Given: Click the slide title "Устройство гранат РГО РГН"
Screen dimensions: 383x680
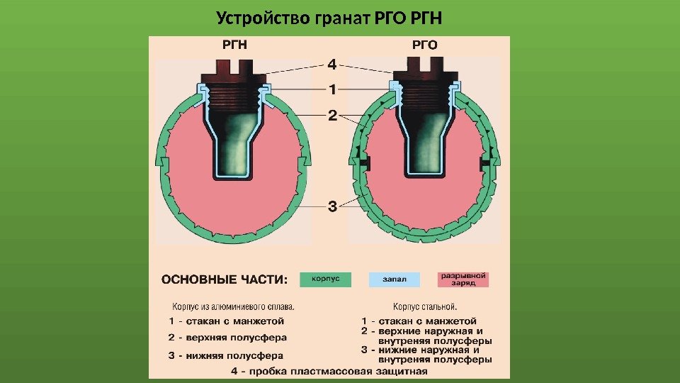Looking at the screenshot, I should click(x=334, y=17).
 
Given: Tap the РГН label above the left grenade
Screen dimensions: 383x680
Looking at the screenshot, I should click(x=235, y=45).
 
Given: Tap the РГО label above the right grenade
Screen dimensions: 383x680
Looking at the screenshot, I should click(x=425, y=45).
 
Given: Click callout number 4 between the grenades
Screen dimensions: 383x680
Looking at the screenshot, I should click(x=331, y=65).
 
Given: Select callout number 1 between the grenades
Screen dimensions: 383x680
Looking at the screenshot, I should click(x=331, y=90).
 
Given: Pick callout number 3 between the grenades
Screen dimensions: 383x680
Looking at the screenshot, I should click(x=331, y=208).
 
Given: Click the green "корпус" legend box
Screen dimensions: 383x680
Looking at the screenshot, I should click(x=325, y=279).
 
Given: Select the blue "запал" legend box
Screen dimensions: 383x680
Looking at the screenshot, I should click(x=394, y=279).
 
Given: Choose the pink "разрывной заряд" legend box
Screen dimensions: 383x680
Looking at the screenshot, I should click(x=463, y=279).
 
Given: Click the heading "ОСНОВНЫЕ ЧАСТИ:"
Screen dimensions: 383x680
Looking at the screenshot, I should click(x=225, y=279).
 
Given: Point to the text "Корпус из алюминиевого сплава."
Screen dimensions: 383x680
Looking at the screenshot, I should click(x=233, y=307).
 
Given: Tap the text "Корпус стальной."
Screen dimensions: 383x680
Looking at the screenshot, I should click(x=425, y=307).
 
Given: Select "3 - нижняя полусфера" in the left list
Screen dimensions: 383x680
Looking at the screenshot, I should click(x=226, y=355).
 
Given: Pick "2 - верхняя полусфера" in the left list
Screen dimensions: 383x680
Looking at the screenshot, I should click(x=226, y=338).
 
